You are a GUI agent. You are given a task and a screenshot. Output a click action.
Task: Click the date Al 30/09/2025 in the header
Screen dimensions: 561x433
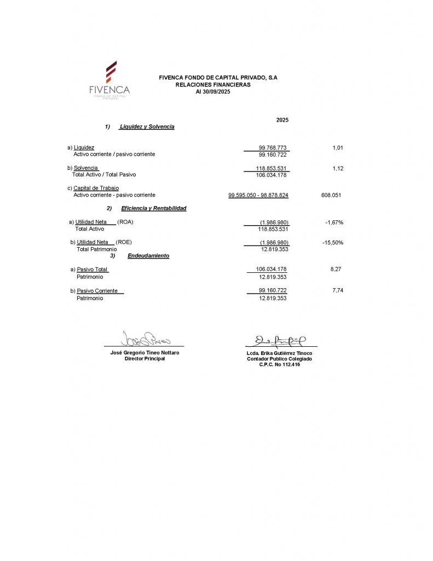pyautogui.click(x=213, y=91)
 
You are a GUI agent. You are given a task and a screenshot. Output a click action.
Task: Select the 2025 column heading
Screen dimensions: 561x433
pyautogui.click(x=282, y=120)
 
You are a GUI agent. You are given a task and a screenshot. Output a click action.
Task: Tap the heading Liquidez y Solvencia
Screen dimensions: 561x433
pyautogui.click(x=146, y=127)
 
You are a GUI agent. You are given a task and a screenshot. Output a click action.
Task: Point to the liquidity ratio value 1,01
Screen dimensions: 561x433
pyautogui.click(x=338, y=148)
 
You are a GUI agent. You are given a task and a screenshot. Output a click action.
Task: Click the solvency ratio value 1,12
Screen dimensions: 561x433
pyautogui.click(x=338, y=168)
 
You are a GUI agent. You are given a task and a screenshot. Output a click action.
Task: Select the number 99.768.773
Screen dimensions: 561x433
pyautogui.click(x=273, y=148)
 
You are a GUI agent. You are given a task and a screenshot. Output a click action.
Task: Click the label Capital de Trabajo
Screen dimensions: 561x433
pyautogui.click(x=96, y=188)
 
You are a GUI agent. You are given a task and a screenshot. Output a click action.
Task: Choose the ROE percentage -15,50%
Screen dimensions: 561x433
pyautogui.click(x=333, y=242)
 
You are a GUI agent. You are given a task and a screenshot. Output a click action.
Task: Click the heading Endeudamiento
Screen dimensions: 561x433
pyautogui.click(x=148, y=256)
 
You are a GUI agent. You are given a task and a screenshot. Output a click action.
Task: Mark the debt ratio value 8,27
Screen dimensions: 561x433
pyautogui.click(x=336, y=270)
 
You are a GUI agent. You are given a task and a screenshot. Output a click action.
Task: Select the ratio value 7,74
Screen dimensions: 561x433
pyautogui.click(x=338, y=290)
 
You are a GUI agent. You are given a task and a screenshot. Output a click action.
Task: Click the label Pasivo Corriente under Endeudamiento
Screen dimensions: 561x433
pyautogui.click(x=100, y=290)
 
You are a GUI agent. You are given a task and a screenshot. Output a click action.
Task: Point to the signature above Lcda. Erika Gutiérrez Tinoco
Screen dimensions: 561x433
pyautogui.click(x=280, y=341)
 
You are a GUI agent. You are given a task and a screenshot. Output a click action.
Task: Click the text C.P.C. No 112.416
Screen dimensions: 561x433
pyautogui.click(x=279, y=364)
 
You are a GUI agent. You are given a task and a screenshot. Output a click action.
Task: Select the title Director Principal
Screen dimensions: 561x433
pyautogui.click(x=145, y=359)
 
